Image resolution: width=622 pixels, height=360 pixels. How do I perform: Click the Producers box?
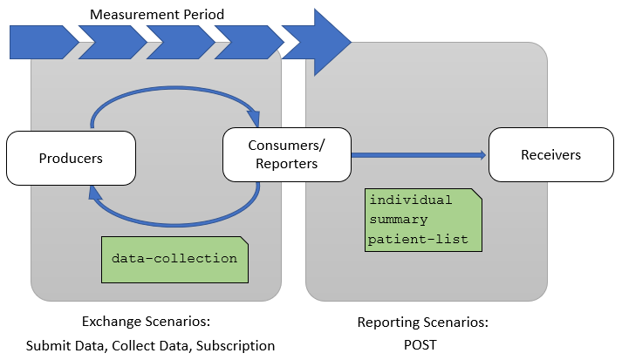[x=71, y=159]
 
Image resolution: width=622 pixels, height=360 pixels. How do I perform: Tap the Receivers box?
[x=550, y=155]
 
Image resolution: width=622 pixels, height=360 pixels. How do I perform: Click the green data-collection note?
[x=174, y=259]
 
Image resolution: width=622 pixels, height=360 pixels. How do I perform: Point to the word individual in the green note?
[x=411, y=200]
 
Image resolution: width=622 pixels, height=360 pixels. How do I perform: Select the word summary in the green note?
[x=400, y=220]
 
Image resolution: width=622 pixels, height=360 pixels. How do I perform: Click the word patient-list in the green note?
[x=418, y=238]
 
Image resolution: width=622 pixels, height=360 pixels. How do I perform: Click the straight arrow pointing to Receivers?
[x=419, y=155]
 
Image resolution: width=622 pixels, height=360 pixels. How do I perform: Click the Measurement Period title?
[x=157, y=14]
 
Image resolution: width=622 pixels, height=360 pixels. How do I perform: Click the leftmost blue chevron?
[x=42, y=42]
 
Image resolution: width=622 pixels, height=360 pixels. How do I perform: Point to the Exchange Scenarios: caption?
[x=146, y=323]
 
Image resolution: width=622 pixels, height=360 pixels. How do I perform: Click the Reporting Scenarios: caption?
[x=422, y=323]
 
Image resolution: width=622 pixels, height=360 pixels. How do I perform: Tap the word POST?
[x=422, y=345]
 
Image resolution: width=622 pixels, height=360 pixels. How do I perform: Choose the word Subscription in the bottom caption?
[x=236, y=345]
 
